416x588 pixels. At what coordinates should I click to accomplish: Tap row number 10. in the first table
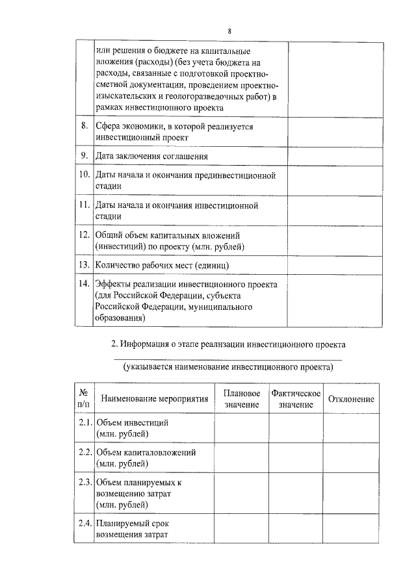(84, 175)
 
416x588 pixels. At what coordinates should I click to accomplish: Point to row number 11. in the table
(84, 205)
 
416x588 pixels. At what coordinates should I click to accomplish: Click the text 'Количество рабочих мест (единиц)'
(162, 265)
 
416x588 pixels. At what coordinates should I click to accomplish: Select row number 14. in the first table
(84, 285)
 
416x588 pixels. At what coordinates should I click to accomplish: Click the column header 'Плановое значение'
(242, 399)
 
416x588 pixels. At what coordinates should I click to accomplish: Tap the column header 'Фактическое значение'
(296, 399)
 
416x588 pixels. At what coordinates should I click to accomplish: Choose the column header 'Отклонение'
(351, 399)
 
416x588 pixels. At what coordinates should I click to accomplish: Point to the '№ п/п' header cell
(83, 399)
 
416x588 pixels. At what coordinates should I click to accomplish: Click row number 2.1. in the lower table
(84, 422)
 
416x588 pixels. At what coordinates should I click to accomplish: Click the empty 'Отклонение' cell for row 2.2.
(351, 457)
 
